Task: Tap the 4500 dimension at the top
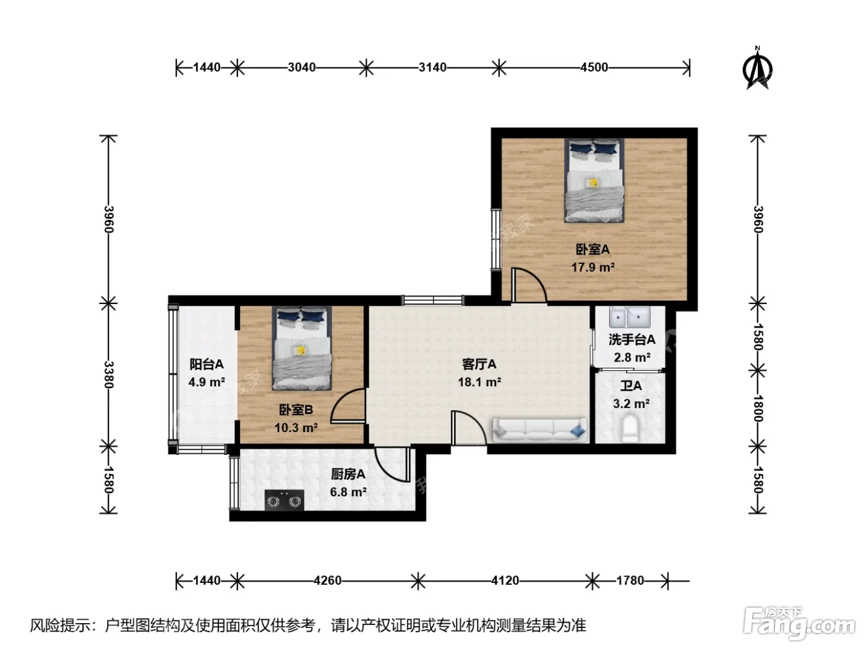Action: coord(594,67)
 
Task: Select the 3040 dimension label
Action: coord(301,67)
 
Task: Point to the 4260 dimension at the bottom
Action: coord(327,580)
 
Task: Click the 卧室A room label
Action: coord(593,250)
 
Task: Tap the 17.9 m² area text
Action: coord(593,268)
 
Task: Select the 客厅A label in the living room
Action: coord(479,365)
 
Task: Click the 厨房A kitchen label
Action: coord(348,475)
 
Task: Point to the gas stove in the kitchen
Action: coord(284,500)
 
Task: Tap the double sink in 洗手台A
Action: coord(630,317)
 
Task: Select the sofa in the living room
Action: coord(539,430)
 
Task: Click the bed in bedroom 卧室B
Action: coord(302,349)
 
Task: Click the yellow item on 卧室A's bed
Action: coord(593,182)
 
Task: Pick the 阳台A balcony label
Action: coord(207,365)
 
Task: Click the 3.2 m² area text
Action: coord(632,404)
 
